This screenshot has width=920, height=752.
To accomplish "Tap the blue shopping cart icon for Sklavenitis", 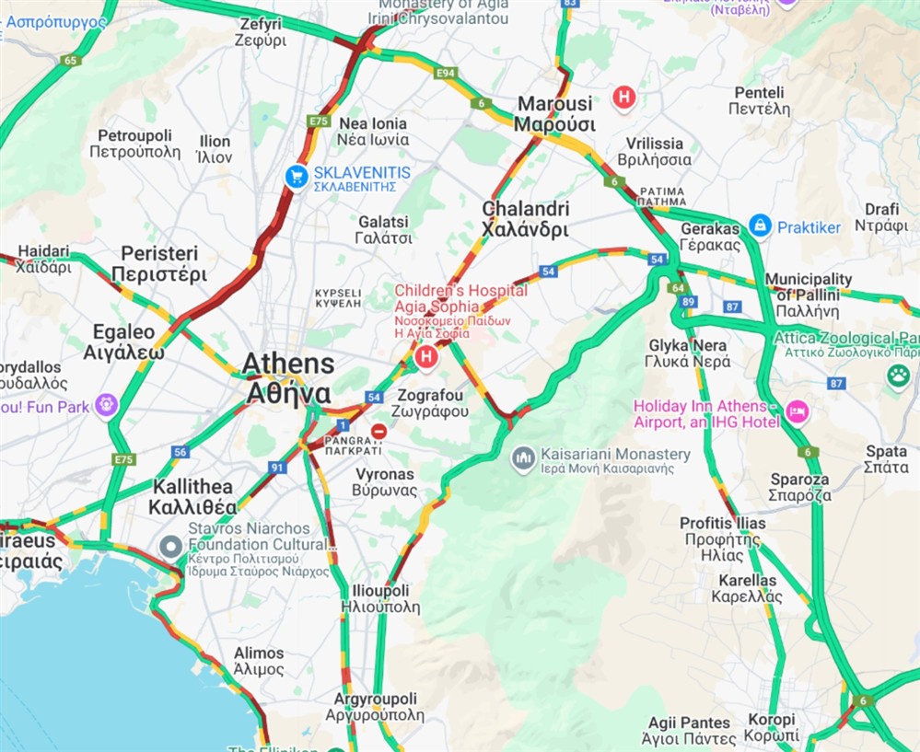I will click(x=297, y=177).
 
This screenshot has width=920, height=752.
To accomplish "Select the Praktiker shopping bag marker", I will click(x=760, y=226).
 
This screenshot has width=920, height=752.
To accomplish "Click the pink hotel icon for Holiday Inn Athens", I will click(x=797, y=412).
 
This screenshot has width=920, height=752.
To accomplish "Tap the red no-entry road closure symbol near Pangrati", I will click(x=378, y=431).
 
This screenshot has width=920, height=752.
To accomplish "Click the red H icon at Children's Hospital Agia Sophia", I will click(x=425, y=355).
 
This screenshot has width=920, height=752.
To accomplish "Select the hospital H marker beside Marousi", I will click(x=624, y=98).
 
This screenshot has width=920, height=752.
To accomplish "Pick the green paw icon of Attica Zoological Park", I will click(x=898, y=375).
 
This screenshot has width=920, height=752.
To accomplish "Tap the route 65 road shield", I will click(x=71, y=61).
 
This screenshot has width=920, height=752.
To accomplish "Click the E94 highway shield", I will click(x=446, y=72).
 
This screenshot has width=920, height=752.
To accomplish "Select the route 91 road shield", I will click(x=277, y=468).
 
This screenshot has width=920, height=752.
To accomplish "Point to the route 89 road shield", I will click(x=689, y=302).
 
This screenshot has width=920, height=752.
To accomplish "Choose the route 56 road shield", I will click(x=180, y=451).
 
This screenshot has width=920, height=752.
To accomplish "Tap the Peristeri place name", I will click(x=159, y=262).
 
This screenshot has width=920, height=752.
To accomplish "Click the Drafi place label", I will click(x=881, y=216).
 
